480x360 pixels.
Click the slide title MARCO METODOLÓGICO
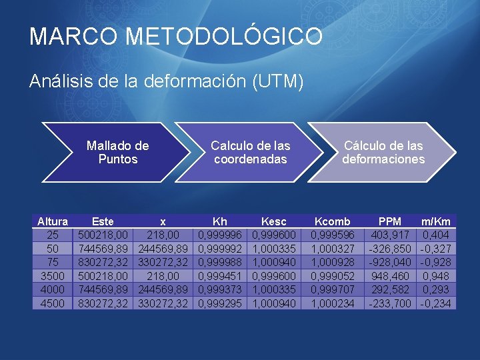tap(176, 37)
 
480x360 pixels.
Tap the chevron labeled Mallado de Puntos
tap(118, 153)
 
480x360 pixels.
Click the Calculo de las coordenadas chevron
tap(250, 153)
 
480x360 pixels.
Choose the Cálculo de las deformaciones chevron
tap(383, 153)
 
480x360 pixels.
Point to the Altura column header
tap(53, 221)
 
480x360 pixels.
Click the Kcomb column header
tap(332, 221)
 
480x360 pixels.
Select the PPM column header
tap(389, 221)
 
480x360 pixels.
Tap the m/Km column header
tap(436, 221)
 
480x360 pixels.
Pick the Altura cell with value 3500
tap(53, 276)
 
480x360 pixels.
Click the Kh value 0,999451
tap(219, 276)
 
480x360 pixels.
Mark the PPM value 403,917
tap(389, 235)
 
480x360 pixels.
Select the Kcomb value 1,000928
tap(332, 262)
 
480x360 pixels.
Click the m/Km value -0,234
tap(436, 303)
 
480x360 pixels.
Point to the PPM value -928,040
tap(389, 262)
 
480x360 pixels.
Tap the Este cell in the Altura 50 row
tap(103, 249)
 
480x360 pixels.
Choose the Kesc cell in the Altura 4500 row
tap(273, 303)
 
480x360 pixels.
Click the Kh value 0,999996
tap(219, 235)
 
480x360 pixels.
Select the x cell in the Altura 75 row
tap(163, 262)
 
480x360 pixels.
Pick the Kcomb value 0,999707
tap(332, 289)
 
